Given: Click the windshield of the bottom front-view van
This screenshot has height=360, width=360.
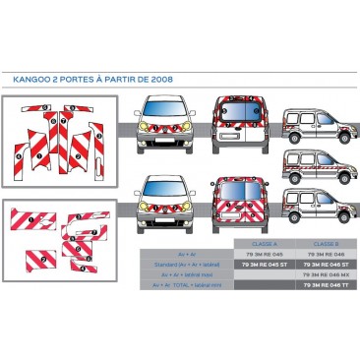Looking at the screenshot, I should pyautogui.click(x=164, y=189).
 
